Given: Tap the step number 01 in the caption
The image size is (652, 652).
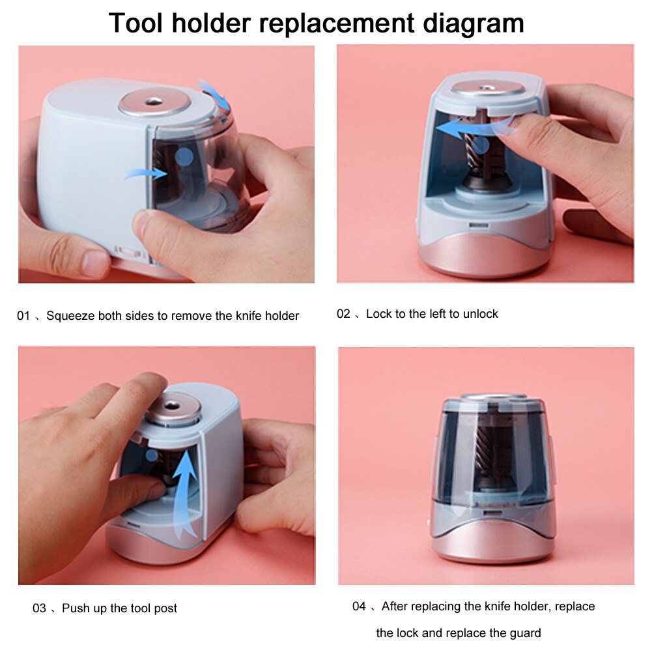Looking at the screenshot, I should pyautogui.click(x=23, y=317).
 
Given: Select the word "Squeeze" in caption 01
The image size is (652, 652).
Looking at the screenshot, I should pyautogui.click(x=71, y=317).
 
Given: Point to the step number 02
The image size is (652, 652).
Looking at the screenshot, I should pyautogui.click(x=343, y=314).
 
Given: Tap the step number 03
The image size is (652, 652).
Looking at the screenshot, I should pyautogui.click(x=39, y=608).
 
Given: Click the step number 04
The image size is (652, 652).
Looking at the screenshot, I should pyautogui.click(x=359, y=606).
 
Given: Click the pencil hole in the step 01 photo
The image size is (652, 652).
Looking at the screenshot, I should pyautogui.click(x=154, y=101).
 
